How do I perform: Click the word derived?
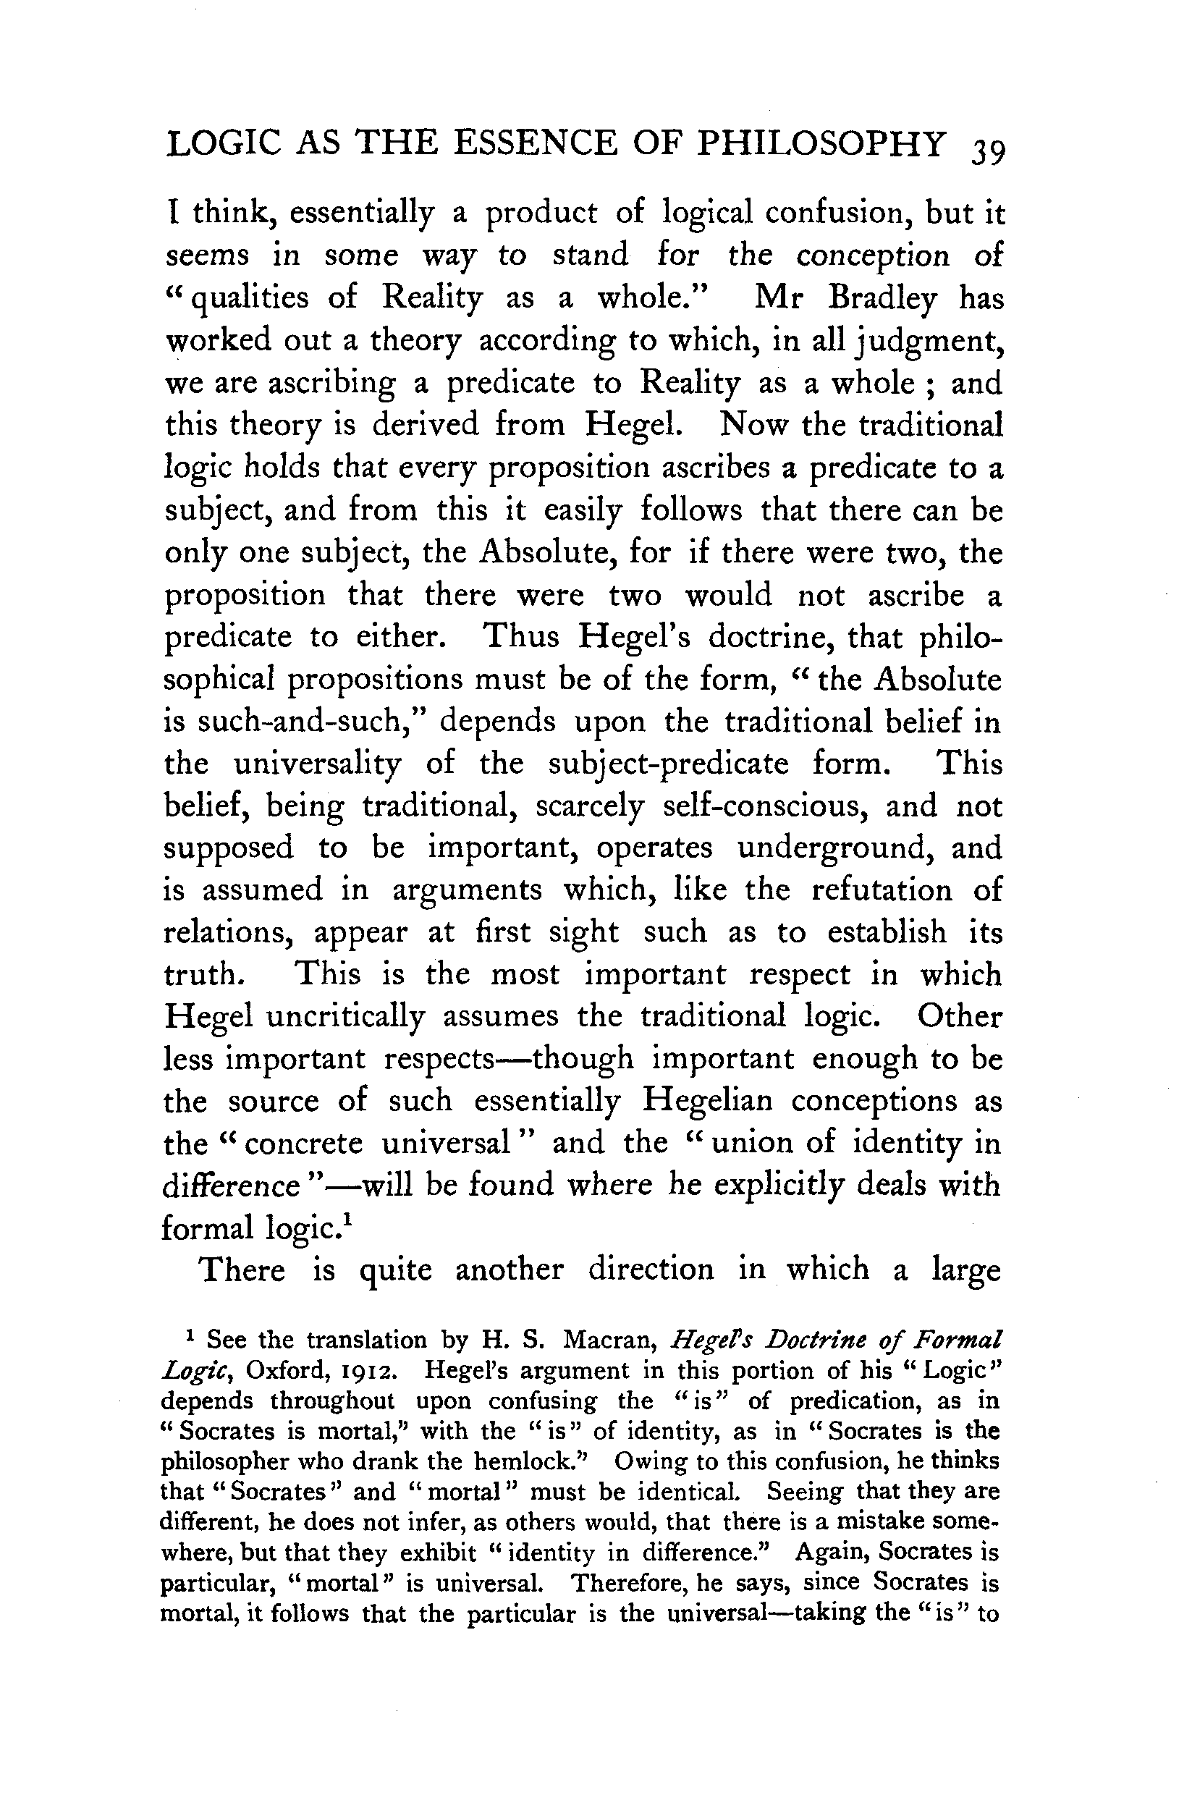tap(423, 424)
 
